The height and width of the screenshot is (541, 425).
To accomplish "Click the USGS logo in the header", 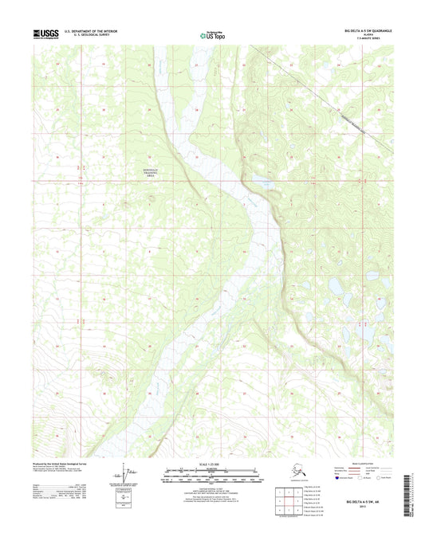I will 46,34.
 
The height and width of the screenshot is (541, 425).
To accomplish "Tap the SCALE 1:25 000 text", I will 212,464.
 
